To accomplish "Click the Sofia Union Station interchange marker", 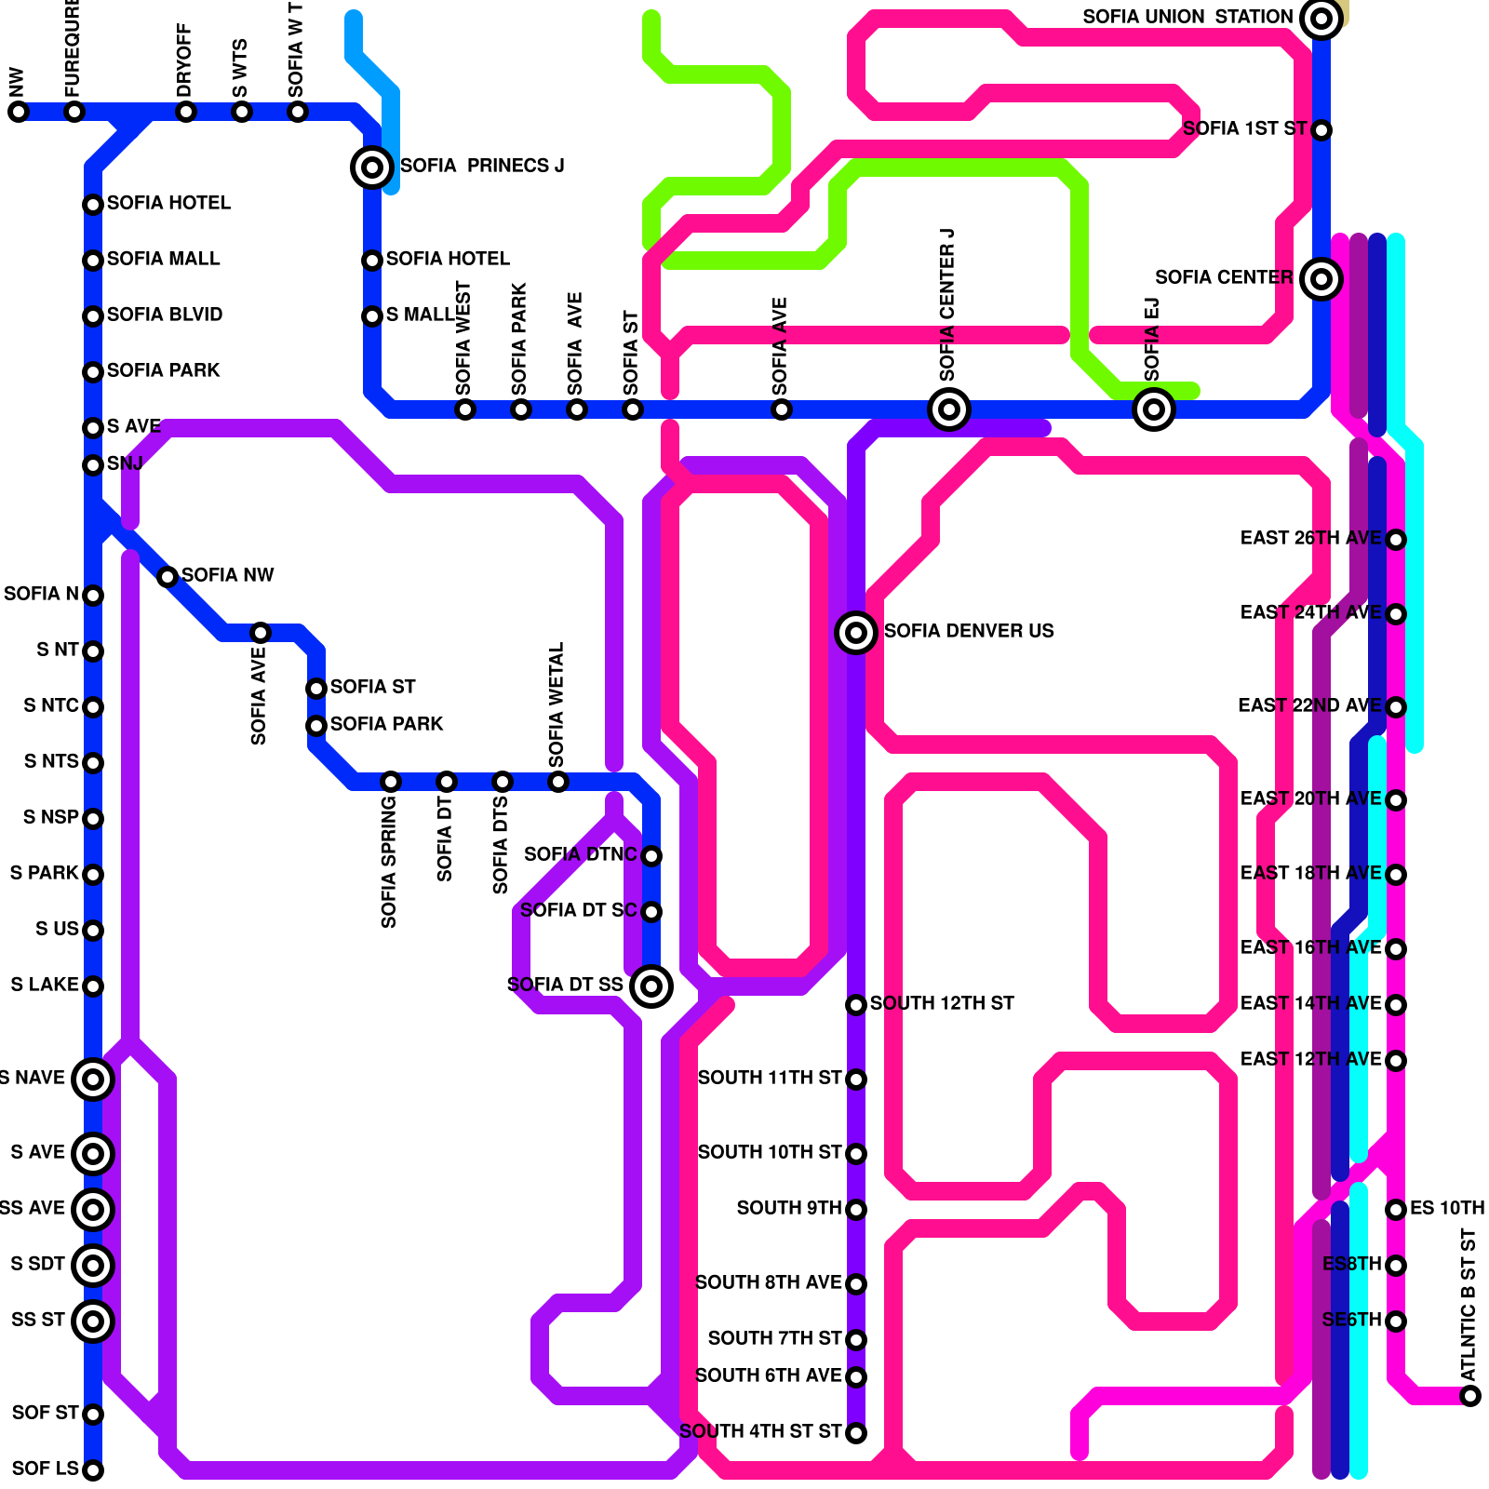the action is pyautogui.click(x=1321, y=18).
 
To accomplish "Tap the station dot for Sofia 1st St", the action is pyautogui.click(x=1321, y=129).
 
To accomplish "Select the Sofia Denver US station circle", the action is pyautogui.click(x=856, y=632).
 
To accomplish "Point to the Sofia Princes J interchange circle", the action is pyautogui.click(x=372, y=168).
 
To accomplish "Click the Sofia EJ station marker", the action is pyautogui.click(x=1154, y=409).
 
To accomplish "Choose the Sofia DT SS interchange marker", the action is pyautogui.click(x=651, y=986).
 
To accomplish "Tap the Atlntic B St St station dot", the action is pyautogui.click(x=1470, y=1395).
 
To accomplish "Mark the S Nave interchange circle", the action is pyautogui.click(x=93, y=1079).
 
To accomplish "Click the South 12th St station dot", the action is pyautogui.click(x=856, y=1004).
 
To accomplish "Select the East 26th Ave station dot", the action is pyautogui.click(x=1396, y=539).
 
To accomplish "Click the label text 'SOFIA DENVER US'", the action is pyautogui.click(x=969, y=631).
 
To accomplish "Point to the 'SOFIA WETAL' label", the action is pyautogui.click(x=557, y=703).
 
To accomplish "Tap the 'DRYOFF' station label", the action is pyautogui.click(x=184, y=60).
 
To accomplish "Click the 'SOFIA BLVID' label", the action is pyautogui.click(x=165, y=315).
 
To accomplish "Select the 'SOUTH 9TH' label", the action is pyautogui.click(x=789, y=1208).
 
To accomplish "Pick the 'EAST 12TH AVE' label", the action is pyautogui.click(x=1310, y=1059).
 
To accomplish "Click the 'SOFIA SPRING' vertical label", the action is pyautogui.click(x=389, y=861).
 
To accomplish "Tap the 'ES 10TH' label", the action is pyautogui.click(x=1447, y=1208).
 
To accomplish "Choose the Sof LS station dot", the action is pyautogui.click(x=93, y=1469).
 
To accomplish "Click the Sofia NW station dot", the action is pyautogui.click(x=168, y=576).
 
